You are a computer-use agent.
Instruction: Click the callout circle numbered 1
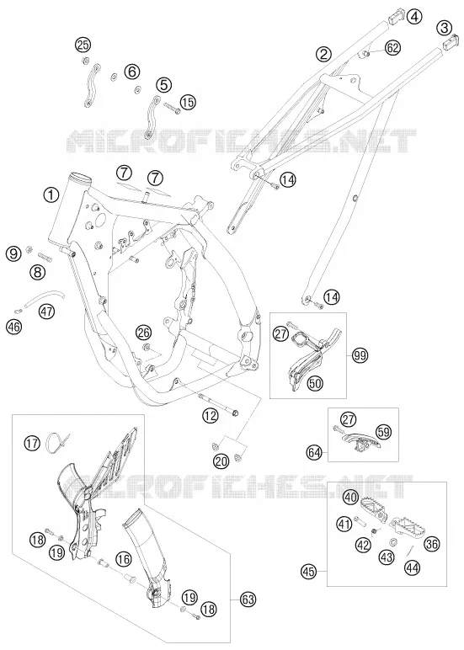[51, 194]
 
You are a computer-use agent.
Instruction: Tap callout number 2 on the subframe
[323, 54]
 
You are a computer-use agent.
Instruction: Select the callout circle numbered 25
[83, 45]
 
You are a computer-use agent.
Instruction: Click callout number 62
[392, 48]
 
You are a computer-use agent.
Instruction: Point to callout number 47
[47, 311]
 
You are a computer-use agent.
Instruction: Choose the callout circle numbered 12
[211, 415]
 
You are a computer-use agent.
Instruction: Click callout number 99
[360, 354]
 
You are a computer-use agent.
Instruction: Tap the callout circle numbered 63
[248, 599]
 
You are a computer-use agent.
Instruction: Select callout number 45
[309, 573]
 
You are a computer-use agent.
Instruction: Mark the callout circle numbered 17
[31, 443]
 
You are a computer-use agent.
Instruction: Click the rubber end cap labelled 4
[396, 18]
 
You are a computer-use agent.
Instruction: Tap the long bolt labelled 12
[218, 405]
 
